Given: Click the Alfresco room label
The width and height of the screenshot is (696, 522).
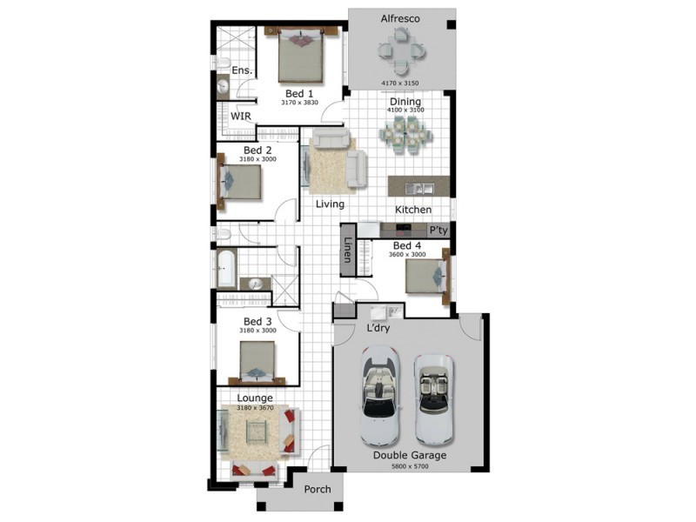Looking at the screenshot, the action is (400, 18).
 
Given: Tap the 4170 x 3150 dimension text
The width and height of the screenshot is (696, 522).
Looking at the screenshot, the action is (400, 83).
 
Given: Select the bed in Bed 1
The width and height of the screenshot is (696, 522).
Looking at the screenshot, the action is (300, 55).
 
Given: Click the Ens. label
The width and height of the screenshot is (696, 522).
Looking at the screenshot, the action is (242, 70).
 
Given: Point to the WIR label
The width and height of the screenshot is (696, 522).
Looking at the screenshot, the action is (241, 117).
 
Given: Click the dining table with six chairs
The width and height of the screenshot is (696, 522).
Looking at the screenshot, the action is (405, 135).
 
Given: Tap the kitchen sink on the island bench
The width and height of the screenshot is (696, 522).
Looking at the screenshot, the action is (418, 189).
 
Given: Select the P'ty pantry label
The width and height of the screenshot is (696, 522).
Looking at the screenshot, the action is (438, 231).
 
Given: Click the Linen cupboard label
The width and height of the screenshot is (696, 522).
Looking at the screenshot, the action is (348, 250).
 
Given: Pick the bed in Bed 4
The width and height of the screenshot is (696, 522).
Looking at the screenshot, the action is (427, 276).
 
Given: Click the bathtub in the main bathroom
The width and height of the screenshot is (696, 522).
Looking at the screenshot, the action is (226, 269).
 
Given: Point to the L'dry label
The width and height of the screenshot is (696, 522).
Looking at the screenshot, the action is (378, 328).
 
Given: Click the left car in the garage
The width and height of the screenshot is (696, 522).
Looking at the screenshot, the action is (379, 395).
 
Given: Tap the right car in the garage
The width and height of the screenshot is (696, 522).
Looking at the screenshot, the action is (433, 399).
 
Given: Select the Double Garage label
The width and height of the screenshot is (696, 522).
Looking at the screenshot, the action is (410, 455).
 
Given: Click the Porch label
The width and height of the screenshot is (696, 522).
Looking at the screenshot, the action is (318, 489).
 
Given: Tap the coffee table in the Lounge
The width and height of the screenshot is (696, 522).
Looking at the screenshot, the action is (257, 432).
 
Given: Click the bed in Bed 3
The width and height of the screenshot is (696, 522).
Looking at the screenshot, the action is (257, 362).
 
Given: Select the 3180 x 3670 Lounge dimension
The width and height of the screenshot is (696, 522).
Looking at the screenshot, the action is (255, 408).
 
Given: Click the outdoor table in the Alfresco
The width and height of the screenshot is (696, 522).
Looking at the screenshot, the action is (402, 50).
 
